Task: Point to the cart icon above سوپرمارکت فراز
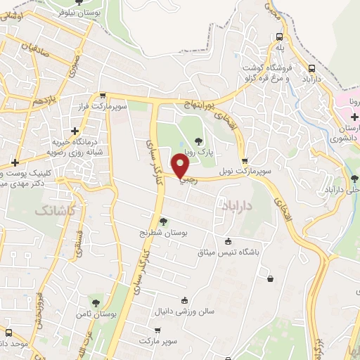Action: point(103,96)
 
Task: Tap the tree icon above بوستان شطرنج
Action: point(163,221)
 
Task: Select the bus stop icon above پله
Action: point(279,37)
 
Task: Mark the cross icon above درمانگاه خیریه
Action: point(75,131)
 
